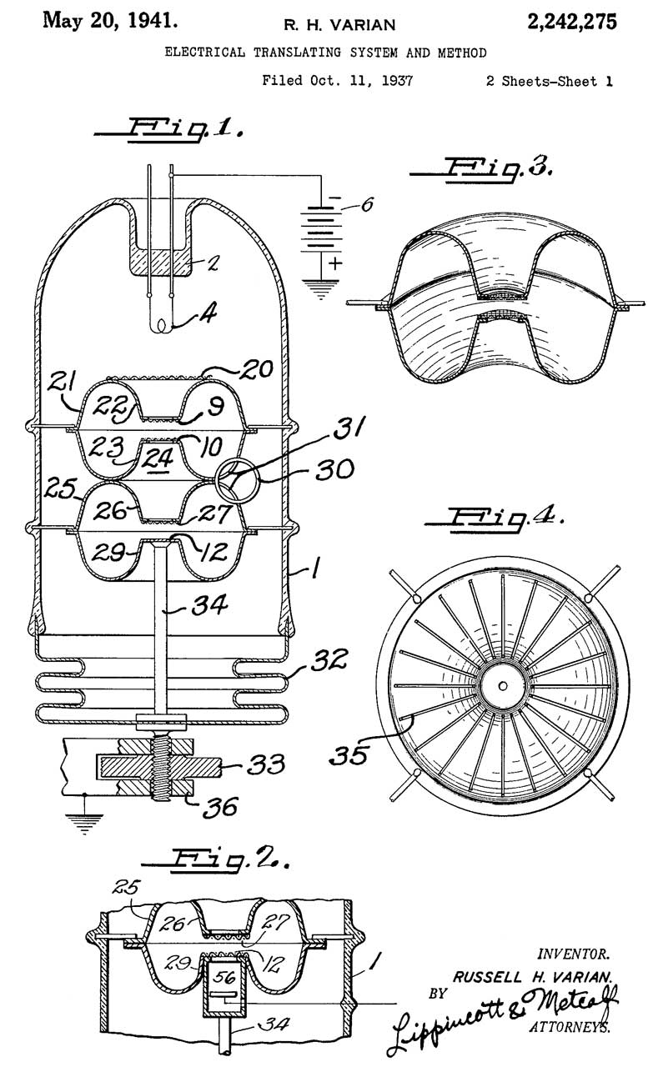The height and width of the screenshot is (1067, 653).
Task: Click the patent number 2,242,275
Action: click(571, 22)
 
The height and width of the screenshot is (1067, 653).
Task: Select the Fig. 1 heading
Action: click(169, 128)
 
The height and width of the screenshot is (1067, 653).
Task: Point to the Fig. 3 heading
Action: click(482, 169)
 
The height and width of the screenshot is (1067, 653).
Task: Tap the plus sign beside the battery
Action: click(336, 263)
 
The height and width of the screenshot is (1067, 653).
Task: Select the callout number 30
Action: click(334, 469)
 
